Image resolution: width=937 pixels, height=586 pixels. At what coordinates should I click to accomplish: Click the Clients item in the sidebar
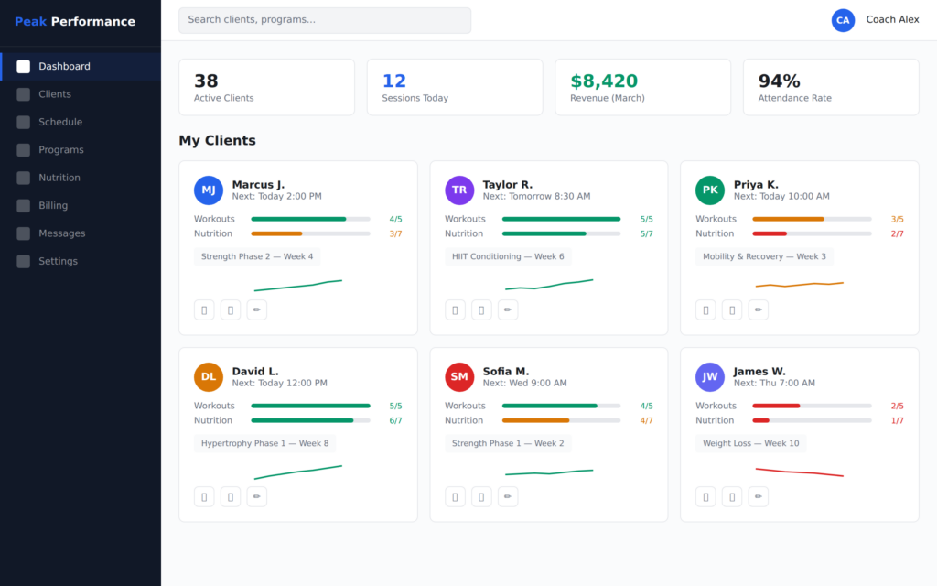55,94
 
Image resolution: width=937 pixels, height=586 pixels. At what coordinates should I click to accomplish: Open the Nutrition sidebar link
59,178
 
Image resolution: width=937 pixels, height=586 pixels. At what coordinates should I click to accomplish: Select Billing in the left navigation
52,205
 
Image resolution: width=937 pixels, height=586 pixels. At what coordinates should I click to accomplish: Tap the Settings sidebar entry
58,261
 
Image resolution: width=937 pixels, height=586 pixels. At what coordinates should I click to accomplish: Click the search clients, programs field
325,20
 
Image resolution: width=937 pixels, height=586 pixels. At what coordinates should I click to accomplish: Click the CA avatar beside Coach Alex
843,20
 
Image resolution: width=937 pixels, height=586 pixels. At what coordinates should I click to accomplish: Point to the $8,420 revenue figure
604,81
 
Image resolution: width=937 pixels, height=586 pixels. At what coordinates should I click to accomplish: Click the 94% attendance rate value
779,81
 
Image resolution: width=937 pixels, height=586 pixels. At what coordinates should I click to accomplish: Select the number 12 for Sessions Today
394,81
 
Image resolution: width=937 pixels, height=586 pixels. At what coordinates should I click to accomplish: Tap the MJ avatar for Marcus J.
209,190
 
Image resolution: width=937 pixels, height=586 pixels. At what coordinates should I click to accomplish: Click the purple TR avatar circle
459,190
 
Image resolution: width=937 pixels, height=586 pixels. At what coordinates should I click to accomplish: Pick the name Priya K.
756,185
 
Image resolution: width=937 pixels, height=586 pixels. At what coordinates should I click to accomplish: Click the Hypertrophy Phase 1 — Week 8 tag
264,443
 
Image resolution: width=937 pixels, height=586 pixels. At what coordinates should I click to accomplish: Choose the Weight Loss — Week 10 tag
750,443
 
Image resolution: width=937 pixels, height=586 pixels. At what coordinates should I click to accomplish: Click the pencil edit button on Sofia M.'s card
508,496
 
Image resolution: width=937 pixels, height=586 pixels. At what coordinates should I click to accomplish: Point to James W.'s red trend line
799,472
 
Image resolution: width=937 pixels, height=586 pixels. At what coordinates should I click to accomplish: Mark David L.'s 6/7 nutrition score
395,420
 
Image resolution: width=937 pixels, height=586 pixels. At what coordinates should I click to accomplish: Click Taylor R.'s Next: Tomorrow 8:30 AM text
536,197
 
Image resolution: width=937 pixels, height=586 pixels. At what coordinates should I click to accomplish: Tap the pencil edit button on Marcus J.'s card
257,309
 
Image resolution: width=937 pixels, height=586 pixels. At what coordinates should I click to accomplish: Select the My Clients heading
217,141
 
